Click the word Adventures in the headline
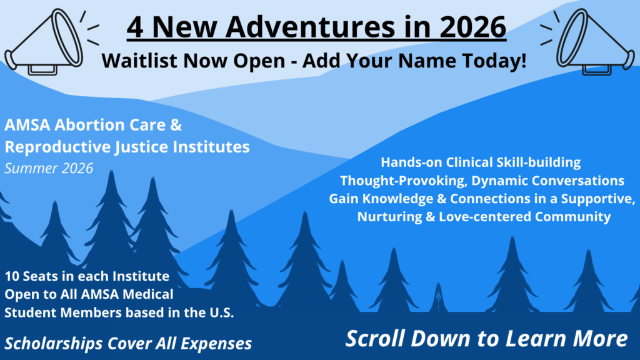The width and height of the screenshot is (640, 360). tap(310, 27)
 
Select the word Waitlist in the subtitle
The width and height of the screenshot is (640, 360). tap(139, 61)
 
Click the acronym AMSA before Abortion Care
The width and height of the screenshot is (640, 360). tap(27, 125)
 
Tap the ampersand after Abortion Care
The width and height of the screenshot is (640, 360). tap(176, 125)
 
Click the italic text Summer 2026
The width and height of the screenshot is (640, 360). tap(49, 168)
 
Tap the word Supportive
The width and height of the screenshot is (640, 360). tap(598, 198)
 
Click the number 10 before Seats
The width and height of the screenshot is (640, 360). tap(12, 276)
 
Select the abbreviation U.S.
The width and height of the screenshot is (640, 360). tap(222, 312)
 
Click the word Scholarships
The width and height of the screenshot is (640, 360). tap(54, 344)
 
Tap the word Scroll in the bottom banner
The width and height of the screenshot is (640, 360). tap(376, 339)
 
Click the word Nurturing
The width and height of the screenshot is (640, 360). tap(390, 217)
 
